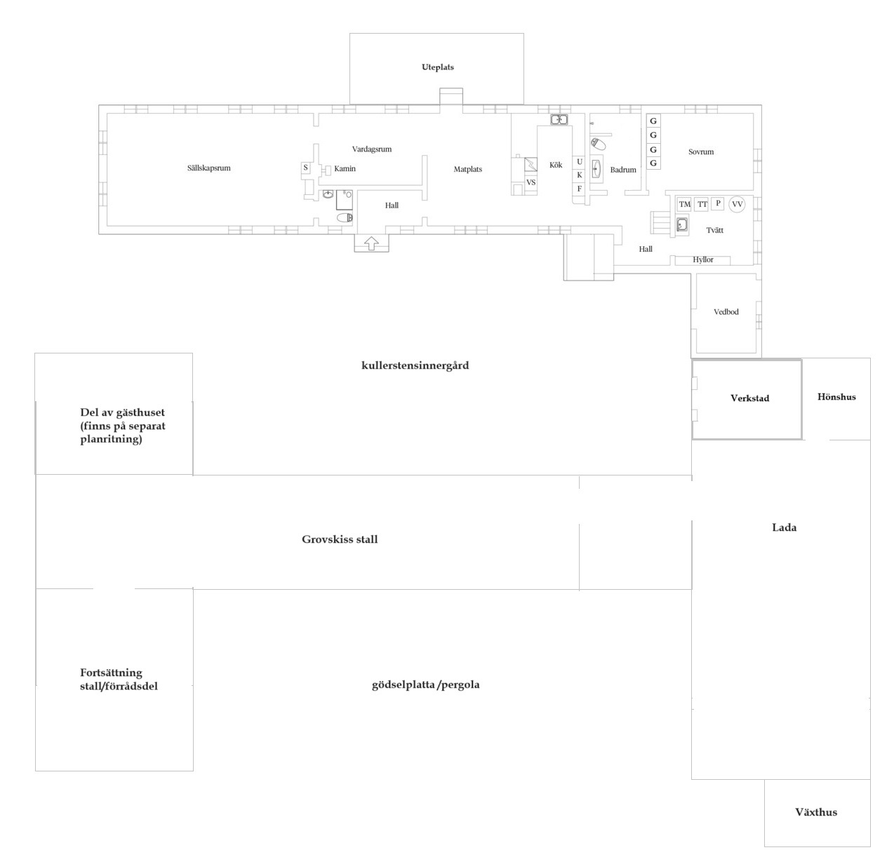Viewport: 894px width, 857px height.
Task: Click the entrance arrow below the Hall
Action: tap(371, 243)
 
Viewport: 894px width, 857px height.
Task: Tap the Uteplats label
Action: tap(437, 67)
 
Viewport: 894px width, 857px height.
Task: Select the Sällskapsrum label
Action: tap(209, 168)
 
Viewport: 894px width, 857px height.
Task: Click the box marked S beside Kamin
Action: tap(305, 168)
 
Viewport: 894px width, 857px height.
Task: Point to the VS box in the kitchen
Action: tap(531, 182)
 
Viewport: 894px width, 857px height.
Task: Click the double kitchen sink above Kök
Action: tap(559, 120)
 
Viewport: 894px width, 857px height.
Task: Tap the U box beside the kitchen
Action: tap(580, 162)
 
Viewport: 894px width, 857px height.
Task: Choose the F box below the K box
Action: tap(580, 189)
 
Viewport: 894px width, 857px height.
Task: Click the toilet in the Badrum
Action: tap(598, 144)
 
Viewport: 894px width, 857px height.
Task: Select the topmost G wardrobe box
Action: tap(653, 121)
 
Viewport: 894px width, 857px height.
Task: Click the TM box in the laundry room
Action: tap(684, 204)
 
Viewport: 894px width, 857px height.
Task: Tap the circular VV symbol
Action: tap(737, 204)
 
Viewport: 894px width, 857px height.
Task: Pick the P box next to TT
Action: tap(718, 203)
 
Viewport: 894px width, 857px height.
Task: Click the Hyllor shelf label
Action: tap(702, 259)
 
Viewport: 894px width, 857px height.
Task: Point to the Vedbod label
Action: tap(726, 312)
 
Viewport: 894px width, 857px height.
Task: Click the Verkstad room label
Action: tap(749, 398)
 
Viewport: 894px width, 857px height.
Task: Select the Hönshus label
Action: tap(836, 397)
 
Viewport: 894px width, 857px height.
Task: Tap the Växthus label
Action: tap(816, 812)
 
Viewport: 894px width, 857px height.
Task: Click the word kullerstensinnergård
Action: tap(415, 365)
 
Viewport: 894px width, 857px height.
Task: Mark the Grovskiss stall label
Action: tap(340, 539)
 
